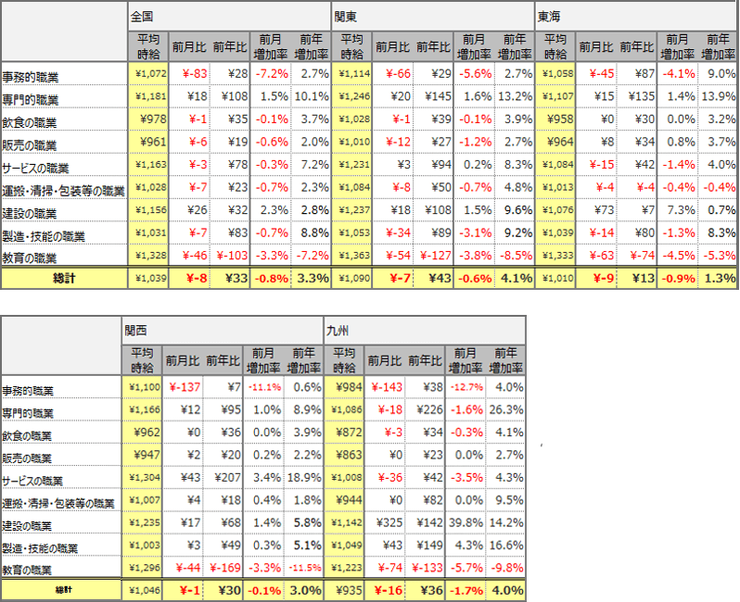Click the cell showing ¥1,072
[x=149, y=73]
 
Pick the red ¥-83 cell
[x=192, y=73]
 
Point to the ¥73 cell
[x=599, y=209]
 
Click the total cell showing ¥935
[x=344, y=589]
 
